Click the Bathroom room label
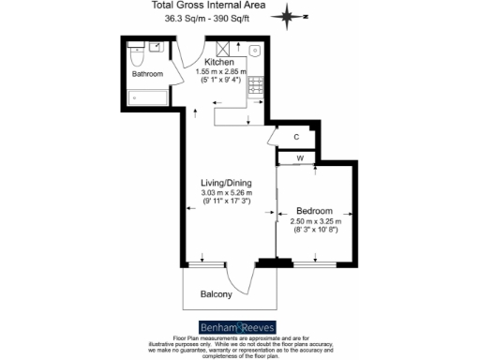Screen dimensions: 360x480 147,74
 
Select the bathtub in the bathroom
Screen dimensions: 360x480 148,97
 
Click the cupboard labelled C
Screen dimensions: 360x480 295,137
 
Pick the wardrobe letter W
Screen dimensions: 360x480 300,158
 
